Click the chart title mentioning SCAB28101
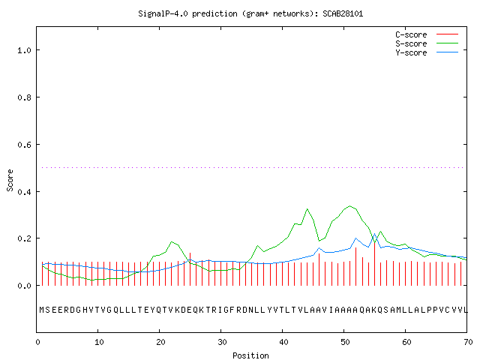(250, 13)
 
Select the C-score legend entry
(427, 34)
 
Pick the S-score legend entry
(427, 43)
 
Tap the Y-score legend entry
(427, 52)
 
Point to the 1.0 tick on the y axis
(25, 50)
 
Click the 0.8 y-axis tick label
(25, 97)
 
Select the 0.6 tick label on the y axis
(25, 145)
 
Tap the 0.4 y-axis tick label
(25, 192)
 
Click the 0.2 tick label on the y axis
(25, 238)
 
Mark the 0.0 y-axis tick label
(25, 286)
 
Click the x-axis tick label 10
(99, 342)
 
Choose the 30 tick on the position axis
(222, 342)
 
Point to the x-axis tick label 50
(345, 342)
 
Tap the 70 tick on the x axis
(468, 342)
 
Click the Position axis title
(250, 355)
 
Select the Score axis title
(10, 180)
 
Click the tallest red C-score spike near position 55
(375, 264)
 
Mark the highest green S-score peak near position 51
(350, 206)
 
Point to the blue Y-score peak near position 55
(374, 234)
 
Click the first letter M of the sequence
(42, 310)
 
